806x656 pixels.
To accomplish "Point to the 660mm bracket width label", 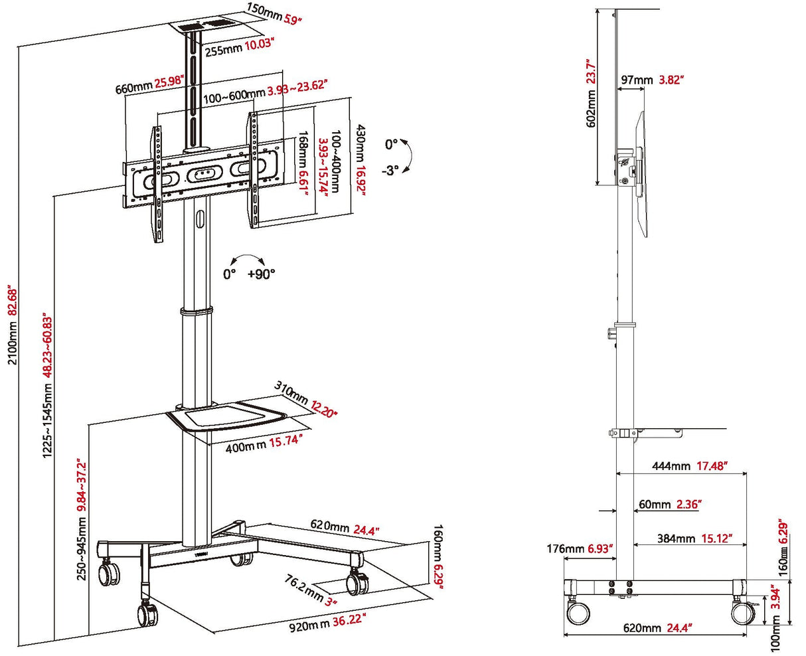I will pos(133,86).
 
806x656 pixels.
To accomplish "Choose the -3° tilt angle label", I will pos(390,170).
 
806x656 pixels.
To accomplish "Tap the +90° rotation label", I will pos(261,274).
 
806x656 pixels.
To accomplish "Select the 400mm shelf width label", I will pos(246,446).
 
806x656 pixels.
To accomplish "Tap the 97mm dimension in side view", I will pos(636,80).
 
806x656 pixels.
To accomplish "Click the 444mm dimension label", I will pos(671,466).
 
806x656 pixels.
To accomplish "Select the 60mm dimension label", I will pos(655,505).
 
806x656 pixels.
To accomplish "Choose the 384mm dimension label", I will pos(676,538).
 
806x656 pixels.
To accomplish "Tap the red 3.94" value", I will pos(774,602).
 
